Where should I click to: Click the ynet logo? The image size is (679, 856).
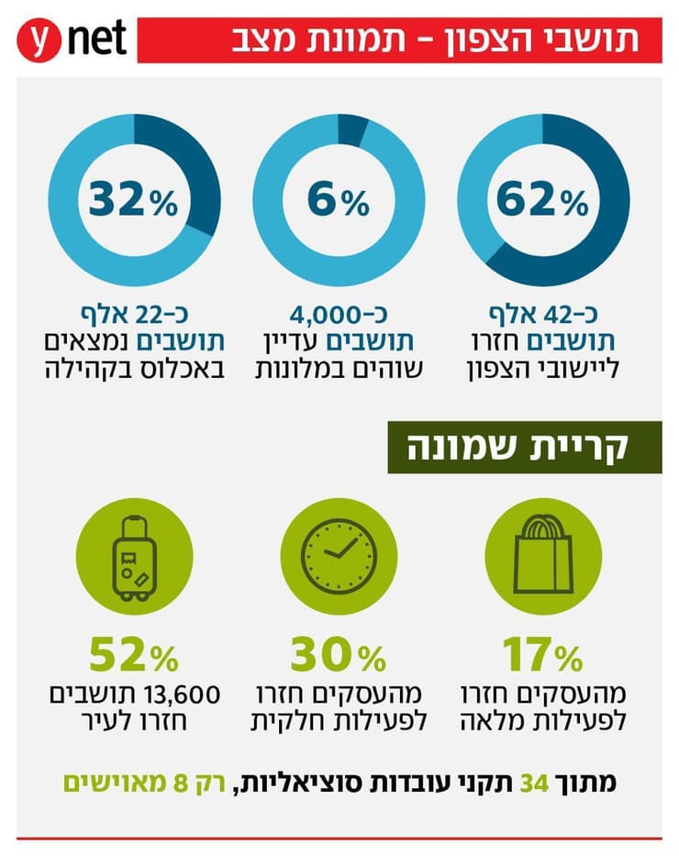tap(72, 41)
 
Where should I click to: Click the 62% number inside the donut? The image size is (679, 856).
tap(541, 200)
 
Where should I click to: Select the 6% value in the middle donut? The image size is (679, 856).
tap(338, 200)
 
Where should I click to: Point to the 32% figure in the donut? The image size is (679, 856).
tap(134, 200)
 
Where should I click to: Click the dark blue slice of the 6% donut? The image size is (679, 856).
tap(351, 129)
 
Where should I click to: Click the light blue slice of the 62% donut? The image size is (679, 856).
tap(482, 174)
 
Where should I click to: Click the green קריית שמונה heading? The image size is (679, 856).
tap(524, 447)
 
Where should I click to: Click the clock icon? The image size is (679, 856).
tap(339, 555)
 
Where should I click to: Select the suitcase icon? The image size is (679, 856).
tap(135, 555)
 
